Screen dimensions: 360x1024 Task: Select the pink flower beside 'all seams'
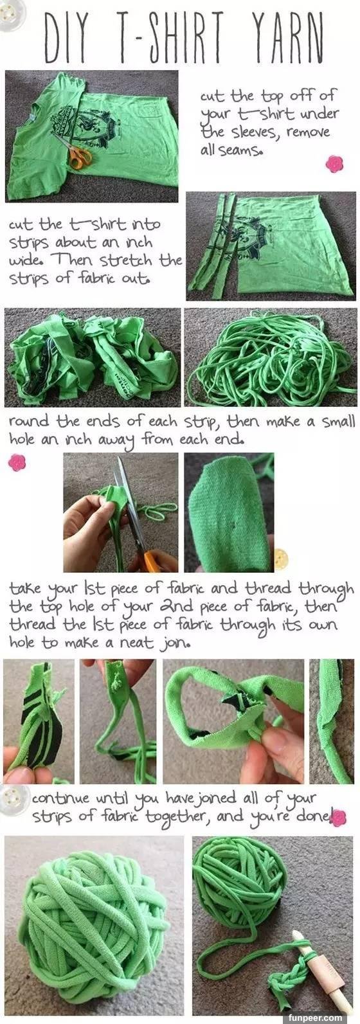(x=334, y=164)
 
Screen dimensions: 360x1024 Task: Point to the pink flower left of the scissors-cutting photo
(x=17, y=463)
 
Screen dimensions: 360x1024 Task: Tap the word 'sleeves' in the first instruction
(x=253, y=132)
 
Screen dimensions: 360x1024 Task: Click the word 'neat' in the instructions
(x=136, y=643)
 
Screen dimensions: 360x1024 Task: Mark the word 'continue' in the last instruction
(x=60, y=798)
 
